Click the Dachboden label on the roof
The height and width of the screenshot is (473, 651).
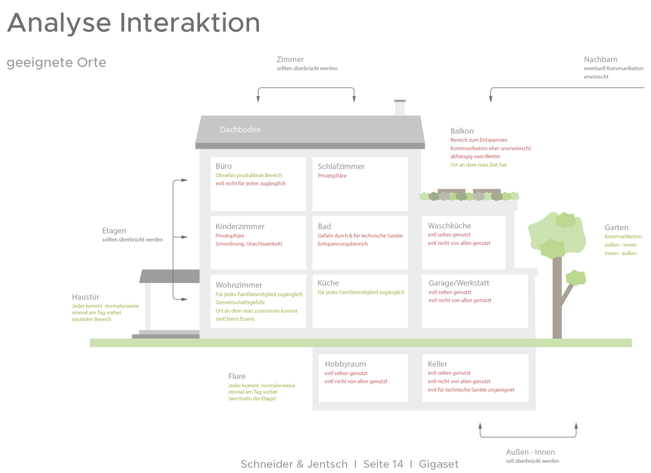click(x=240, y=129)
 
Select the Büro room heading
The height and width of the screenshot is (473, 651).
click(x=224, y=166)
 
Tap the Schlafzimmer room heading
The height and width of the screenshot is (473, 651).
click(x=341, y=166)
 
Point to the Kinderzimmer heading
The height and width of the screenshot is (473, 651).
click(x=240, y=226)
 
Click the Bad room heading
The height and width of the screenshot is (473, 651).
click(x=324, y=226)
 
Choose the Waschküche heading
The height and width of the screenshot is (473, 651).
click(x=450, y=226)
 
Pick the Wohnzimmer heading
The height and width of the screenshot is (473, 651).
click(x=239, y=285)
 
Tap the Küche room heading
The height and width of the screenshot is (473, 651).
click(x=328, y=283)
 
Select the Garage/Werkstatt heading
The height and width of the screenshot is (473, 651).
click(x=459, y=283)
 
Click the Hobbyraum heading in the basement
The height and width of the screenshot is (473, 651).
click(x=345, y=364)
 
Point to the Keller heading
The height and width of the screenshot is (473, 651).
click(x=438, y=364)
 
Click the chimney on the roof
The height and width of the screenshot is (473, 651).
click(x=400, y=108)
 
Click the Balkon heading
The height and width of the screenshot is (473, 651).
click(x=462, y=131)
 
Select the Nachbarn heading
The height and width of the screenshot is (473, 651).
click(x=601, y=59)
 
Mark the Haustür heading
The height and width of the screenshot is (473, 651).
click(x=86, y=297)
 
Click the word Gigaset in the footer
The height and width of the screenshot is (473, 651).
click(x=439, y=464)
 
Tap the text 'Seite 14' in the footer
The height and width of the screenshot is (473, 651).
click(x=383, y=464)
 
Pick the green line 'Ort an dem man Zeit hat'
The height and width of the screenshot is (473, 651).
click(x=479, y=165)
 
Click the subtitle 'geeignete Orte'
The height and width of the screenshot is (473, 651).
click(x=57, y=62)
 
